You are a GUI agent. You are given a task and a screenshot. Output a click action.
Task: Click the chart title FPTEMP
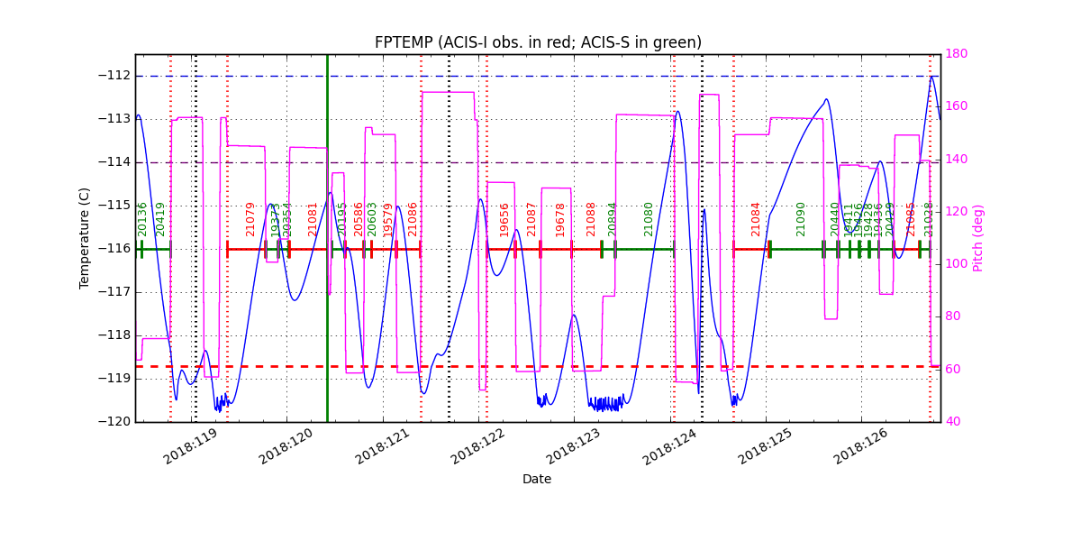(x=538, y=42)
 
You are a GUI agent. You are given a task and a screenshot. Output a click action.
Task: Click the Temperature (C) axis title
(x=85, y=238)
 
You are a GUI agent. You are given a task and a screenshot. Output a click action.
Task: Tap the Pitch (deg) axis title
(x=978, y=238)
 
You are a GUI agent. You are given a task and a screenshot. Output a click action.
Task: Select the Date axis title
(x=537, y=480)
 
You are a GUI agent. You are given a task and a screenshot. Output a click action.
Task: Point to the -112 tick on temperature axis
(x=114, y=76)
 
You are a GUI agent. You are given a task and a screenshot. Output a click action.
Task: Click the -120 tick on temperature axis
(x=114, y=422)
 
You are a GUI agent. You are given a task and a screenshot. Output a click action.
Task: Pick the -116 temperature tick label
(x=114, y=249)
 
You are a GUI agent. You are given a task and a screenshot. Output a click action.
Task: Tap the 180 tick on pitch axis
(x=958, y=54)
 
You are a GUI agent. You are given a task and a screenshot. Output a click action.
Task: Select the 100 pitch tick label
(x=958, y=264)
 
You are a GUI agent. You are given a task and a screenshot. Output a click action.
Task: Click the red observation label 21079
(x=251, y=219)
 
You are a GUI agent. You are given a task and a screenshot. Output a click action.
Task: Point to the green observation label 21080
(x=649, y=219)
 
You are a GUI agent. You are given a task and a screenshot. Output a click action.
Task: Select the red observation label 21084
(x=757, y=219)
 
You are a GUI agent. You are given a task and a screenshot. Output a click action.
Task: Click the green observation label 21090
(x=801, y=219)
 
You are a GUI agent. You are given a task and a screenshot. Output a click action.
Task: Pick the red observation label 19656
(x=504, y=219)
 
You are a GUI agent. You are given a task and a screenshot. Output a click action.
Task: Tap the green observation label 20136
(x=142, y=219)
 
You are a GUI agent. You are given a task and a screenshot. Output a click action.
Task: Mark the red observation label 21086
(x=413, y=219)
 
